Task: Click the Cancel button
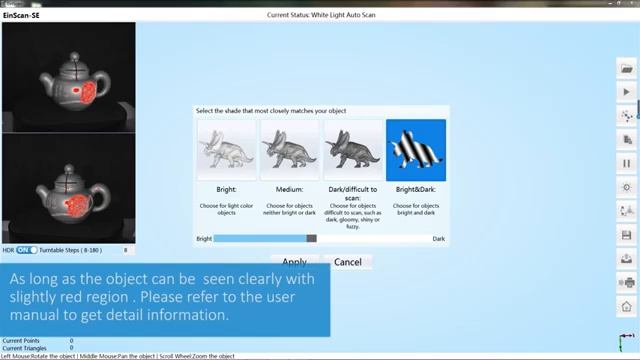[347, 262]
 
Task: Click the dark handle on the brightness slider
[312, 239]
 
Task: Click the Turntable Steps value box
[125, 250]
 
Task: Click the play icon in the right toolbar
[627, 92]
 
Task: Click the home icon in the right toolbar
[627, 307]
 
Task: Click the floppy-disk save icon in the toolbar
[627, 236]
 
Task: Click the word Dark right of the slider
[438, 239]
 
